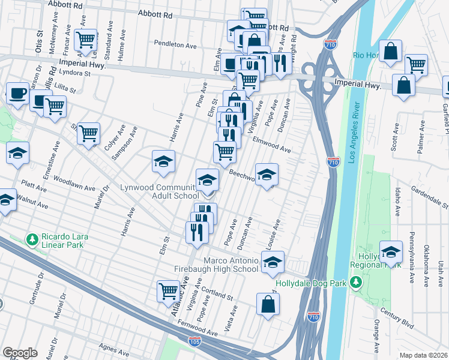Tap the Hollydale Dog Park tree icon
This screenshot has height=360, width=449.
coord(356,281)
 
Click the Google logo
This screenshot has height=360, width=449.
coord(20,353)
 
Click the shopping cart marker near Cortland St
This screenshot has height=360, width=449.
coord(169,292)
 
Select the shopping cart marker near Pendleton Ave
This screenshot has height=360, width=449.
coord(86,40)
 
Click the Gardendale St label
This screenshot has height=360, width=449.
coord(429,197)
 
